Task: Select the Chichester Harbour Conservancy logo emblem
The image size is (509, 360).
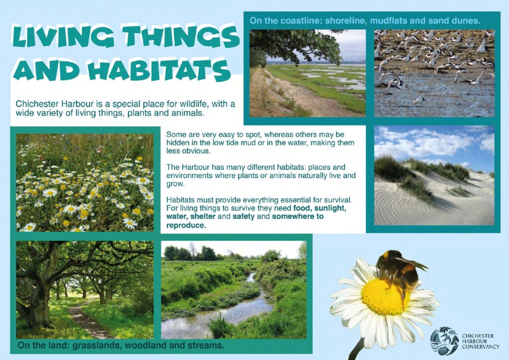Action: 444,341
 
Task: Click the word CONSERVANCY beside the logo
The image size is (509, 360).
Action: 481,347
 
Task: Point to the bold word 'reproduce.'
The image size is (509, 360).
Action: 186,225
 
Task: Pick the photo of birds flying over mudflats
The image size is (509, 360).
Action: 434,74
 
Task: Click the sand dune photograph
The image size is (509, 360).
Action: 434,176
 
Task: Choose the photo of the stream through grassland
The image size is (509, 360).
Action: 234,290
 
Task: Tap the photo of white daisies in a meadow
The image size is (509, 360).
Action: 85,182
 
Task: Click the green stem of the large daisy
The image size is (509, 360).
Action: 357,349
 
